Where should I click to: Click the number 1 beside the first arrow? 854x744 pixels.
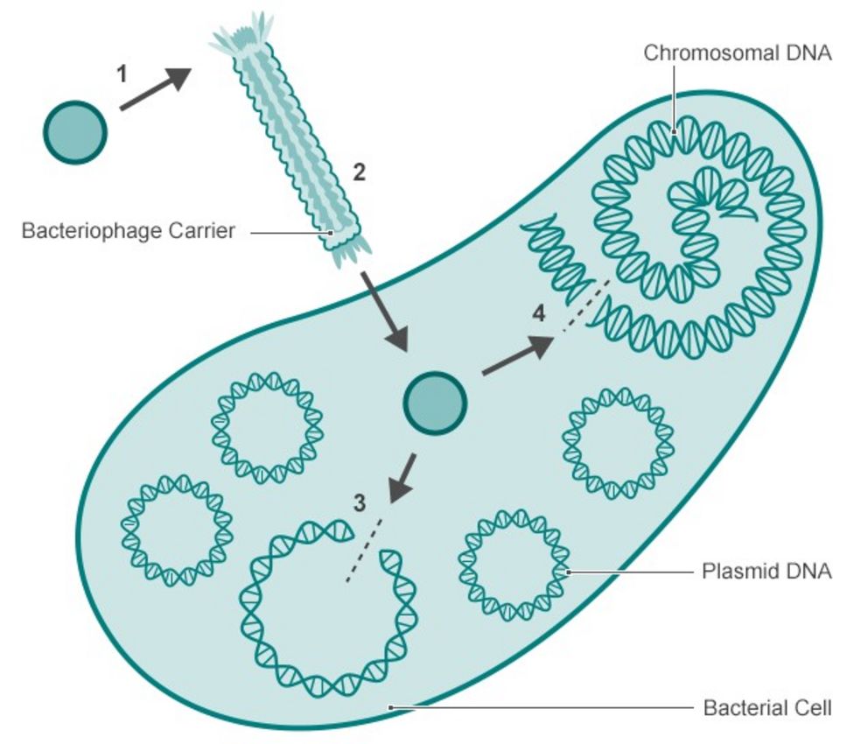click(x=122, y=74)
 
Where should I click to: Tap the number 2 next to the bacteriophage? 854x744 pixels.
click(x=359, y=172)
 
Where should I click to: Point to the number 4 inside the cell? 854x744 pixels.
click(x=539, y=312)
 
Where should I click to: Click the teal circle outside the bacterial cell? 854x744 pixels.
click(x=74, y=132)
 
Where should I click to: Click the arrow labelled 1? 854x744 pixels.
click(x=154, y=89)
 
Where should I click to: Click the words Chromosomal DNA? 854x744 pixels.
click(x=737, y=53)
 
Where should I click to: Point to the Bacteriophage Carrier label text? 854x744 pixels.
click(x=128, y=233)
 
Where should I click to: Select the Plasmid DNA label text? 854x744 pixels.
click(x=766, y=572)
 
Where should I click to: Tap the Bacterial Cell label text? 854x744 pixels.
click(x=767, y=707)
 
